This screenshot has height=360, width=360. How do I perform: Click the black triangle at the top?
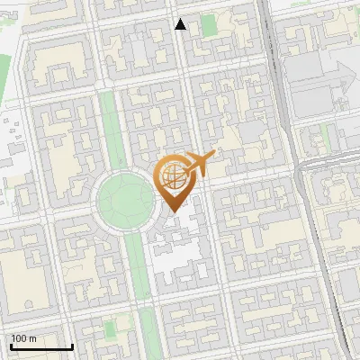(x=181, y=24)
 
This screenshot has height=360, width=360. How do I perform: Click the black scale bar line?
(x=41, y=346)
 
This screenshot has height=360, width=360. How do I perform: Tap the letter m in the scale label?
(x=33, y=338)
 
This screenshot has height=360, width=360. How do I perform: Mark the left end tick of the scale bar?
(x=11, y=345)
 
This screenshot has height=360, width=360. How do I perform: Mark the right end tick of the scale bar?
(x=72, y=345)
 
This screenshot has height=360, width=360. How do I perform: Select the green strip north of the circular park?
(x=110, y=126)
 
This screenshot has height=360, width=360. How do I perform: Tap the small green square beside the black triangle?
(x=210, y=25)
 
